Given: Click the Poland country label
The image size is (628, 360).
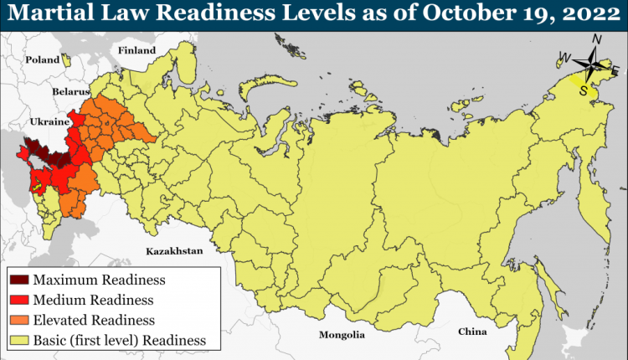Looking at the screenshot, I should tap(43, 59).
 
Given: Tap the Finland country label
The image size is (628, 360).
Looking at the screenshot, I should tap(137, 50).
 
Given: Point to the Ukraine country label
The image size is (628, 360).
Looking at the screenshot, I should tap(49, 121).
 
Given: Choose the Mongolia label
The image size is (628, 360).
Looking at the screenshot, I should tap(342, 335).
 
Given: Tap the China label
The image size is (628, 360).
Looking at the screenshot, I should tap(471, 332).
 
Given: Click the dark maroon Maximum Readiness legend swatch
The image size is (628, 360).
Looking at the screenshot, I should tap(19, 280).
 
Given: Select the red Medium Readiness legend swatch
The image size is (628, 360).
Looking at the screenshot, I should tap(19, 300).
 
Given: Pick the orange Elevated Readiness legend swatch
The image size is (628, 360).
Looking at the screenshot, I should tap(19, 320).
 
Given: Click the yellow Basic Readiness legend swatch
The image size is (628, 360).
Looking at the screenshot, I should tap(19, 340).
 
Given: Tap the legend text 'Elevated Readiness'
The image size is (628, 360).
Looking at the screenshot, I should tap(95, 320).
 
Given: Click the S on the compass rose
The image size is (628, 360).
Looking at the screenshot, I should tap(584, 90).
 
